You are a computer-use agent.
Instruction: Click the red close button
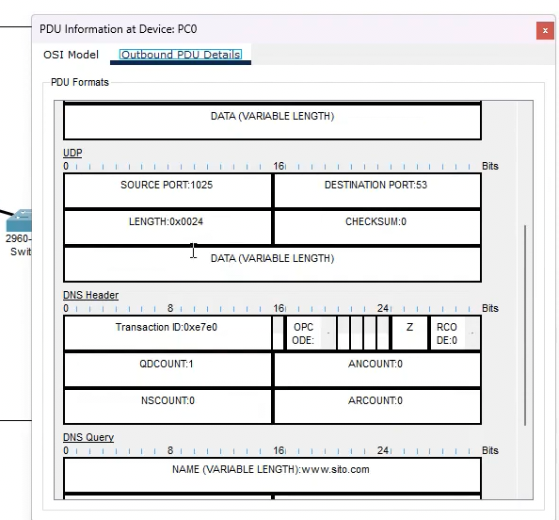[x=545, y=30]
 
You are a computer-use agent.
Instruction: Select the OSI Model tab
[x=71, y=55]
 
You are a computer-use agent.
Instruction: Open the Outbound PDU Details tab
[x=181, y=55]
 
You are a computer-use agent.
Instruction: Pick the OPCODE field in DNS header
[x=303, y=333]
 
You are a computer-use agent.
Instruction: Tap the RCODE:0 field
[x=446, y=333]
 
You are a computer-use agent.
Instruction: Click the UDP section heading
[x=72, y=153]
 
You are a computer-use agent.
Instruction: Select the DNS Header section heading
[x=90, y=295]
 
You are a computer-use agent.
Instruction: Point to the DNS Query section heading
[x=88, y=437]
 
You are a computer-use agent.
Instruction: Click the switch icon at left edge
[x=19, y=222]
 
